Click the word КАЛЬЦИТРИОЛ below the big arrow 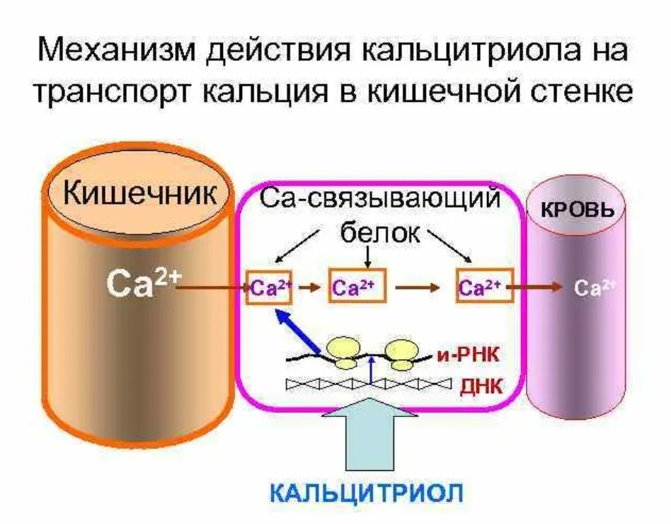(x=367, y=491)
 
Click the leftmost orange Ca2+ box (x=265, y=287)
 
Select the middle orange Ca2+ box (x=357, y=287)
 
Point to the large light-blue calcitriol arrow (x=370, y=432)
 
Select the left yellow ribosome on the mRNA (x=345, y=352)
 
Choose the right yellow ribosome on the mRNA (x=403, y=352)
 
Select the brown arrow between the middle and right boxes (x=419, y=288)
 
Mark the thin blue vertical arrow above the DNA (x=372, y=370)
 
